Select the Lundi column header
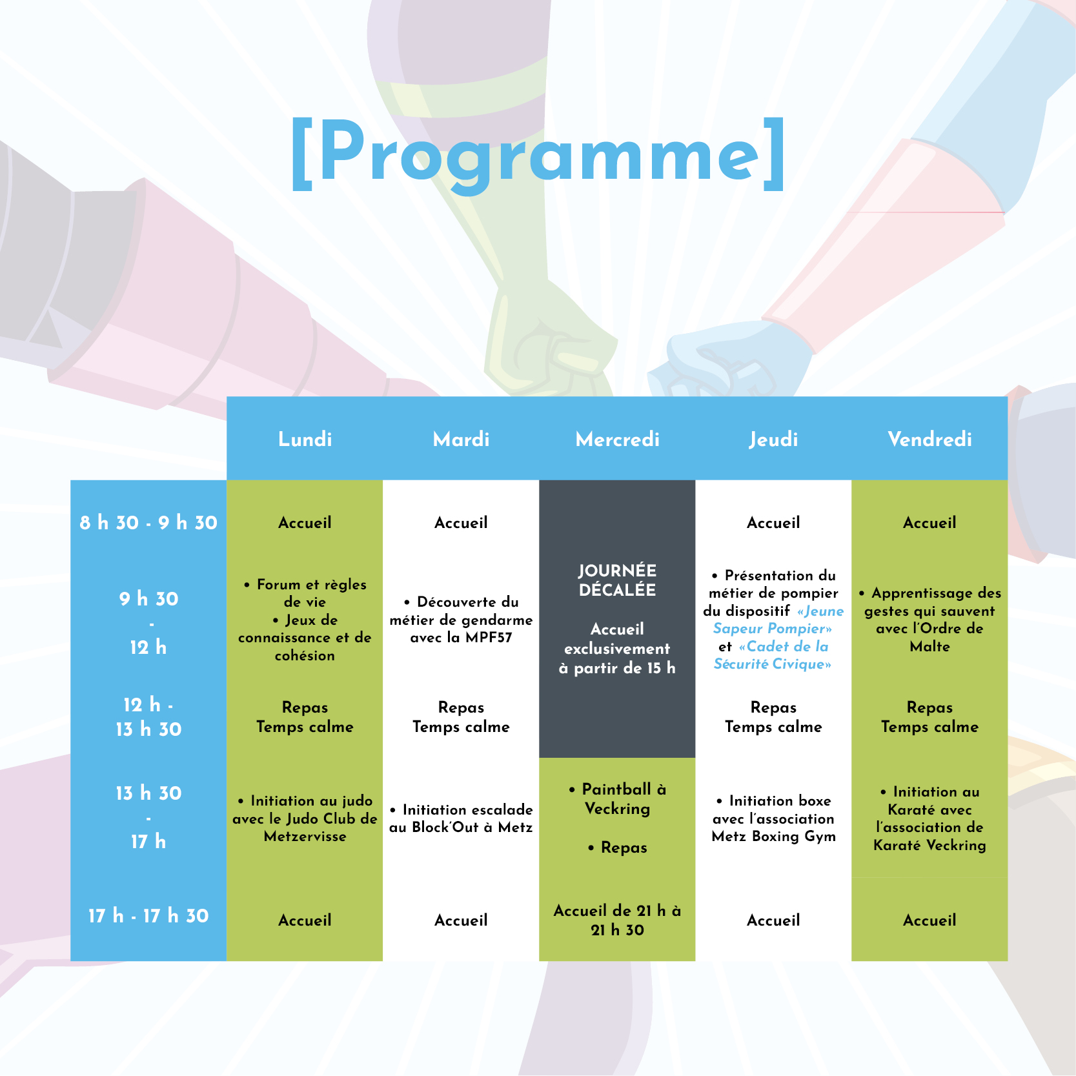(x=305, y=440)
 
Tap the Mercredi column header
(x=617, y=440)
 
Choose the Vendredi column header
(x=929, y=440)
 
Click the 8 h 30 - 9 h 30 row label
(x=148, y=523)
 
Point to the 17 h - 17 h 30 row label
(x=148, y=916)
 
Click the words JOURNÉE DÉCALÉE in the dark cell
(x=617, y=580)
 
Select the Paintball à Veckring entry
(x=617, y=799)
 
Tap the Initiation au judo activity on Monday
(x=305, y=818)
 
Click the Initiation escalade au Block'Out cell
(x=461, y=818)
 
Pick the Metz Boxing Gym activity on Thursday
(x=773, y=818)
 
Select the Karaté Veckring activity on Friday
(x=929, y=818)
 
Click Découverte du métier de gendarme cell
(x=461, y=620)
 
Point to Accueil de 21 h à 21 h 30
(x=617, y=920)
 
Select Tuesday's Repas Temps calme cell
(x=461, y=717)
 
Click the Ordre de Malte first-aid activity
(x=929, y=620)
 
